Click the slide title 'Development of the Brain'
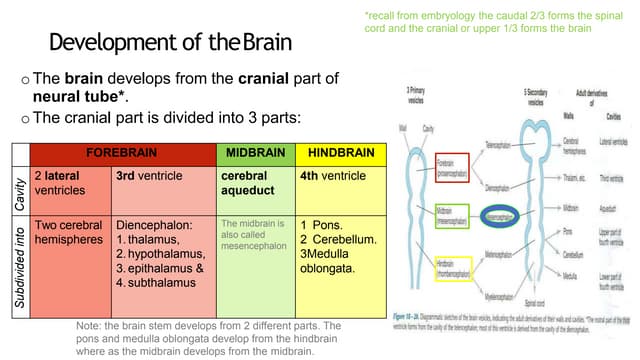click(170, 43)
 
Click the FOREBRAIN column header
click(122, 154)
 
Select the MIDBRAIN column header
click(255, 154)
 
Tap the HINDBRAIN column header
click(341, 154)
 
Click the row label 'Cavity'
click(18, 189)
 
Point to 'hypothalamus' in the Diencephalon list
click(159, 254)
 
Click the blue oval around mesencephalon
click(512, 215)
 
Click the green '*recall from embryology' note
click(479, 22)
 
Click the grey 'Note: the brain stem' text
click(208, 339)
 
